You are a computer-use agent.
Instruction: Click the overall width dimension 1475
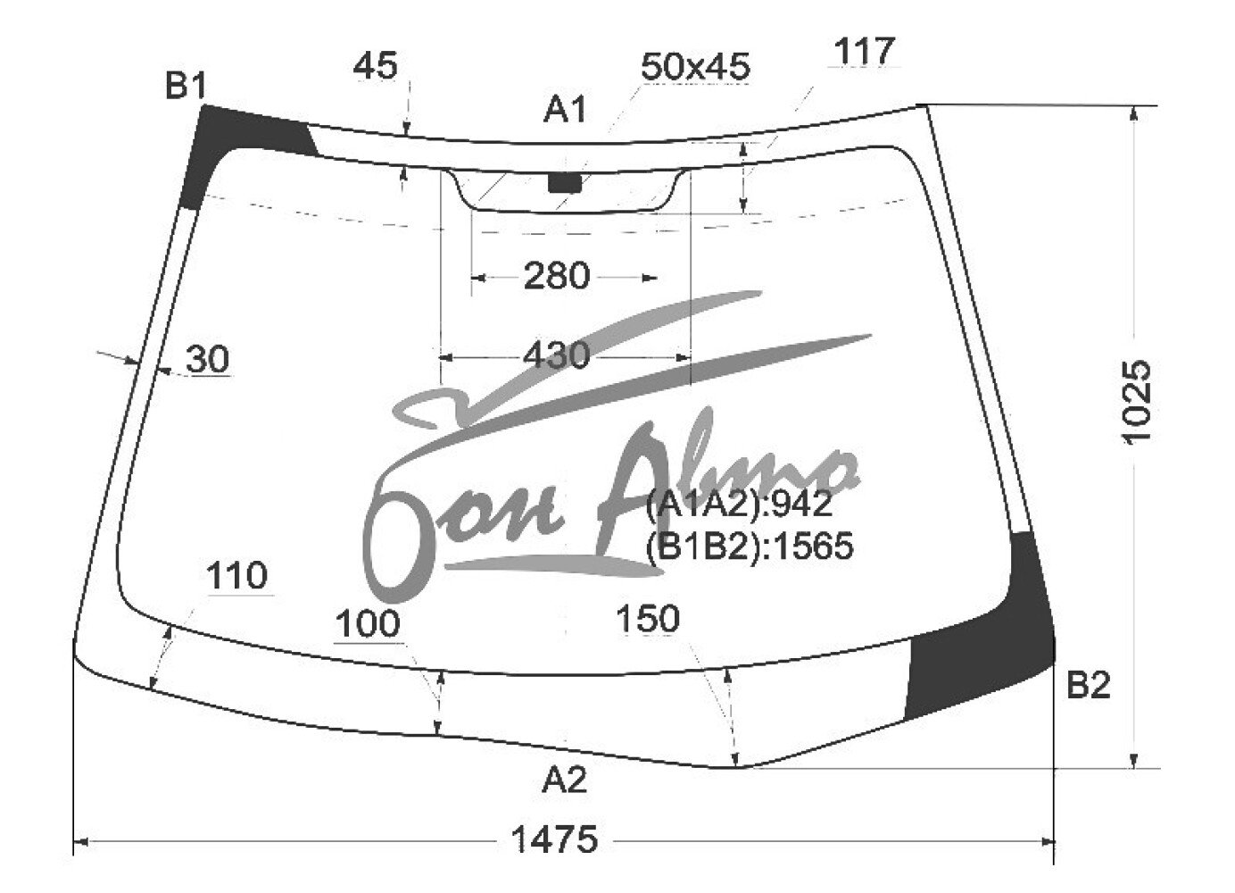pyautogui.click(x=555, y=839)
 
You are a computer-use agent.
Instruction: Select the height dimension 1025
pyautogui.click(x=1137, y=401)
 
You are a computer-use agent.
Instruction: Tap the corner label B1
pyautogui.click(x=186, y=86)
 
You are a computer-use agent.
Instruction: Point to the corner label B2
pyautogui.click(x=1089, y=686)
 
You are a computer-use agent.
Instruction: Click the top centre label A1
pyautogui.click(x=565, y=109)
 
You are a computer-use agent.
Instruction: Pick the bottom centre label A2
pyautogui.click(x=564, y=780)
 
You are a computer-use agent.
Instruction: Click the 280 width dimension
pyautogui.click(x=556, y=275)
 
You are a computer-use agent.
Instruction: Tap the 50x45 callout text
pyautogui.click(x=695, y=67)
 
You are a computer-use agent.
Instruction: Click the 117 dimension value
pyautogui.click(x=864, y=51)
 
